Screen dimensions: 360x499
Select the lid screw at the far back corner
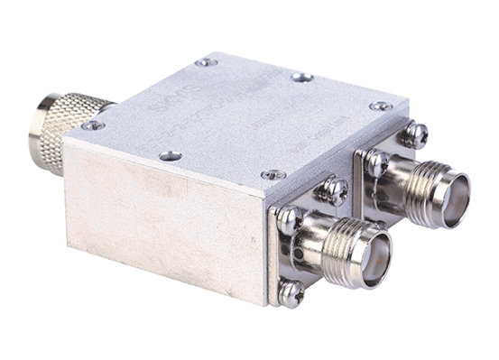point(207,62)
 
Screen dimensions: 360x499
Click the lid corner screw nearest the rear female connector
point(381,106)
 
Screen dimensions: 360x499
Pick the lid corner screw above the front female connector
point(273,173)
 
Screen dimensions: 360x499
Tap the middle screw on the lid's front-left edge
point(170,155)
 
